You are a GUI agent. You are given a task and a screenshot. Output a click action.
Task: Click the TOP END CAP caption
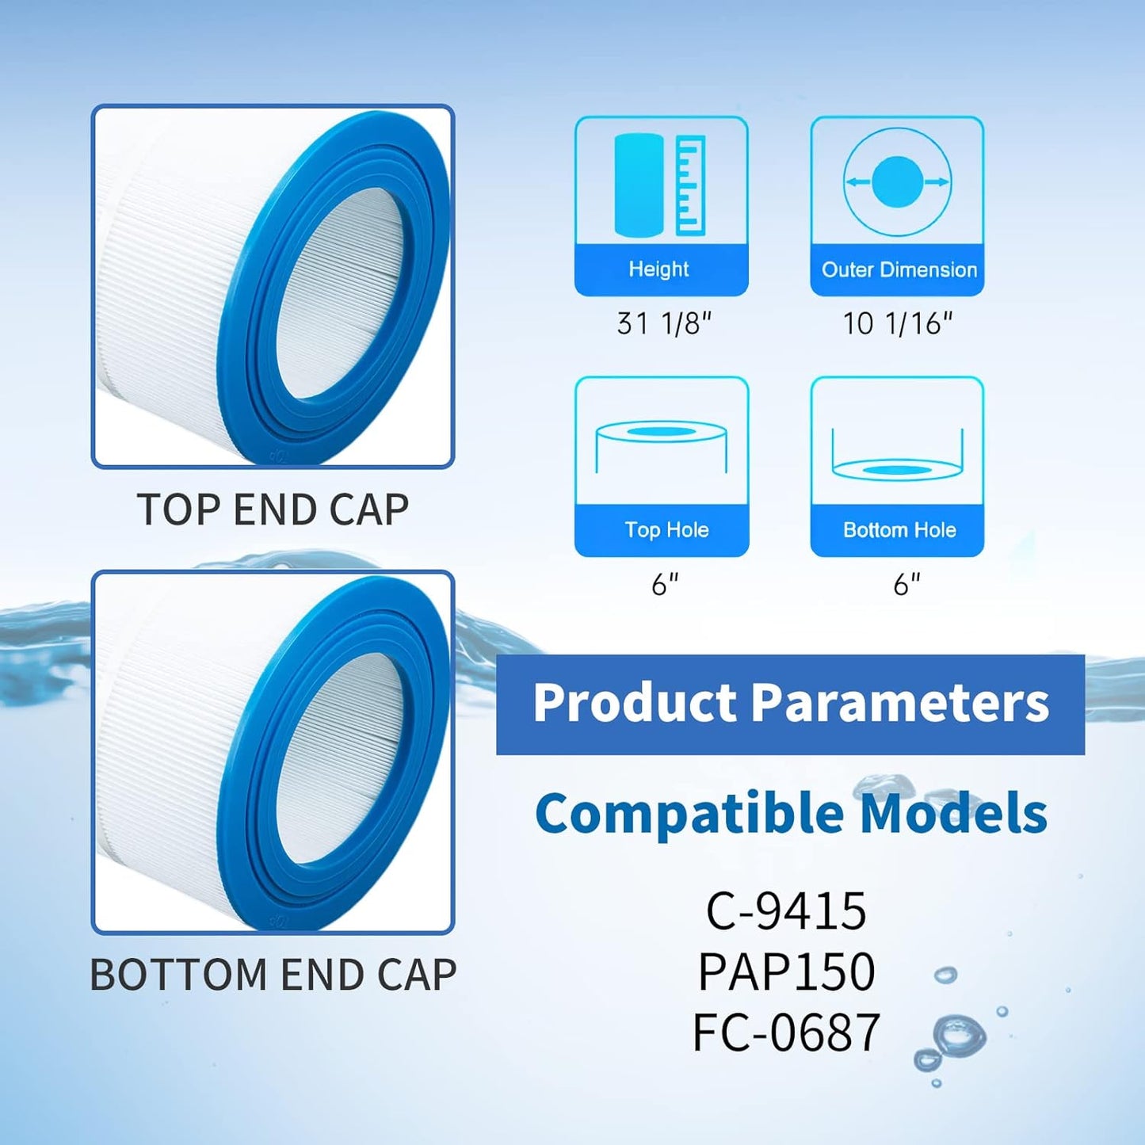point(273,510)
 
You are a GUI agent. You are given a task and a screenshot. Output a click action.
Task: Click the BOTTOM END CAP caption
point(273,975)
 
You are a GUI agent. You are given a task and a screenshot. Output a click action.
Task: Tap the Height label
point(658,269)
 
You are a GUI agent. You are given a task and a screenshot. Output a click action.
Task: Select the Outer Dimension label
point(899,269)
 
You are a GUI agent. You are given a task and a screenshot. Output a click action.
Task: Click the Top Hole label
point(666,530)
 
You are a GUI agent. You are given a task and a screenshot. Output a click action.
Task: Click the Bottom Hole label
point(899,530)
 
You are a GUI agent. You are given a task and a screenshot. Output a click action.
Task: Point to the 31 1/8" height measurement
point(664,323)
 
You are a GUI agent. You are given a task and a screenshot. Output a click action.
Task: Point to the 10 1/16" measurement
point(897,323)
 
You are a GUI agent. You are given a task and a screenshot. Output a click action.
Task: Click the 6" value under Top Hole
point(665,585)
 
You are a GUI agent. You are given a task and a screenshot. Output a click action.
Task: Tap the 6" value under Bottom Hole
point(906,585)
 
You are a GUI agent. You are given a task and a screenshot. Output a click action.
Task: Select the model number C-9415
point(786,911)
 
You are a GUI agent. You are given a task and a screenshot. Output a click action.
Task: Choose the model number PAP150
point(786,971)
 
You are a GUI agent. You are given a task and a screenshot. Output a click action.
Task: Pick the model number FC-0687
point(786,1032)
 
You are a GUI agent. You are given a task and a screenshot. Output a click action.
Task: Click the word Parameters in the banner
point(899,703)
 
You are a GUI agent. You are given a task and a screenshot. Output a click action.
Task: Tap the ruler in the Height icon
point(690,185)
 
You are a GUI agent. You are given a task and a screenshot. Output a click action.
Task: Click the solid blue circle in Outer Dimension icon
point(897,181)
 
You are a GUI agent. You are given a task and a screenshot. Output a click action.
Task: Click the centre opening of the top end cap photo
point(345,289)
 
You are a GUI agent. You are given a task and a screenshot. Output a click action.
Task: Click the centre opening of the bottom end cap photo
point(345,754)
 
